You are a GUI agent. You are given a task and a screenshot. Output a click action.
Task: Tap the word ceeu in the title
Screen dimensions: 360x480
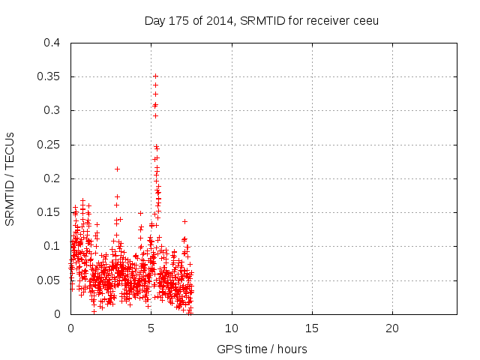[366, 20]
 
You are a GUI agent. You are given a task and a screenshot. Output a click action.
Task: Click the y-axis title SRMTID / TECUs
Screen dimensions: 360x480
[10, 178]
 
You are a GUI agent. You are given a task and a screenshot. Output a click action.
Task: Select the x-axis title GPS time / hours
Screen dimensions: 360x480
[262, 349]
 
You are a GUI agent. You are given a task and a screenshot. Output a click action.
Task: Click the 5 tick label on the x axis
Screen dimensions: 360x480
[151, 328]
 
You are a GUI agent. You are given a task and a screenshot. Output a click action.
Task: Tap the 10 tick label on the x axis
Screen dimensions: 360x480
[232, 328]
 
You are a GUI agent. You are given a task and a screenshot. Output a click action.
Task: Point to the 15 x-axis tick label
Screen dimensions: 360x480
[312, 328]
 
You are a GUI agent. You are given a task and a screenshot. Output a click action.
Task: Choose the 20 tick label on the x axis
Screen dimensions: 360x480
[392, 328]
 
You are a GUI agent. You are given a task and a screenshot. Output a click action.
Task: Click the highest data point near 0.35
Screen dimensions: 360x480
[155, 76]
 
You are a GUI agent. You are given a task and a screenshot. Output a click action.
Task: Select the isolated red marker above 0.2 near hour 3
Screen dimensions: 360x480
[117, 169]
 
